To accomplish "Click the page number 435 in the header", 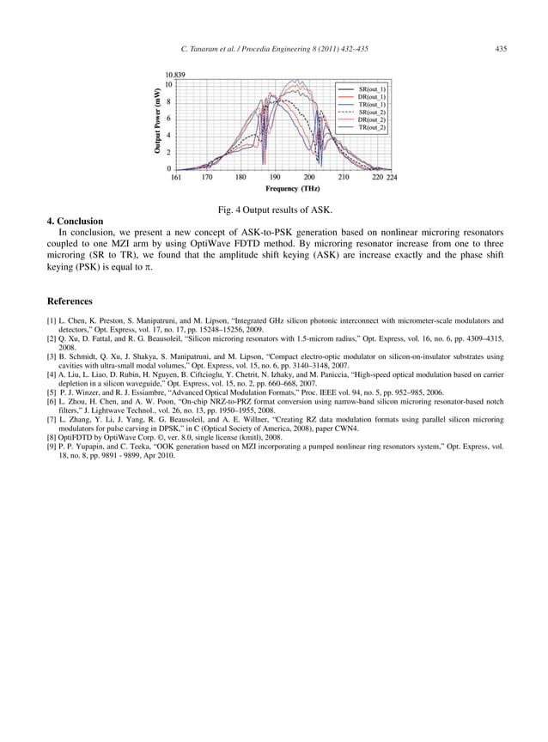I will pyautogui.click(x=501, y=49).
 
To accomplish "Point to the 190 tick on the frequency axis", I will pyautogui.click(x=275, y=178).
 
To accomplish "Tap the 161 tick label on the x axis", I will pyautogui.click(x=175, y=178).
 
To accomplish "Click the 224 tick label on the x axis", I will pyautogui.click(x=392, y=178).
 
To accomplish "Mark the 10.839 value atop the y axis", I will pyautogui.click(x=177, y=76).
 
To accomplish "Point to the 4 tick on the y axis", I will pyautogui.click(x=169, y=135).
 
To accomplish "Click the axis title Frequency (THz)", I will pyautogui.click(x=293, y=189).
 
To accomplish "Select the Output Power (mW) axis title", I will pyautogui.click(x=158, y=121).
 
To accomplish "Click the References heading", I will pyautogui.click(x=70, y=301).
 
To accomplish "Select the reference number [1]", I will pyautogui.click(x=52, y=320).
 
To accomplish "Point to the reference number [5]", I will pyautogui.click(x=52, y=392).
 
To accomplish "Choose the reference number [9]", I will pyautogui.click(x=52, y=447).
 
